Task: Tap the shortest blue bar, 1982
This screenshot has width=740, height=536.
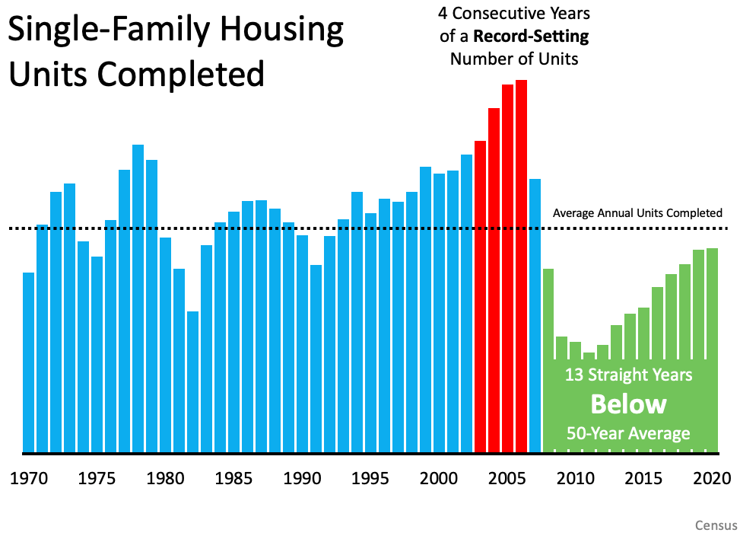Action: click(192, 381)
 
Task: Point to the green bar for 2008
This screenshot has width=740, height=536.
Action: click(548, 320)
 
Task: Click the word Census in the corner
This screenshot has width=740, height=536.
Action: click(716, 525)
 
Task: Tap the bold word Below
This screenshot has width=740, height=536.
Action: click(628, 404)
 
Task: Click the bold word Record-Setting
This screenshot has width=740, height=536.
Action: click(531, 36)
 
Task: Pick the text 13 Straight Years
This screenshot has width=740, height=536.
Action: click(628, 375)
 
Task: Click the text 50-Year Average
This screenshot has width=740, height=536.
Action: click(628, 434)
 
